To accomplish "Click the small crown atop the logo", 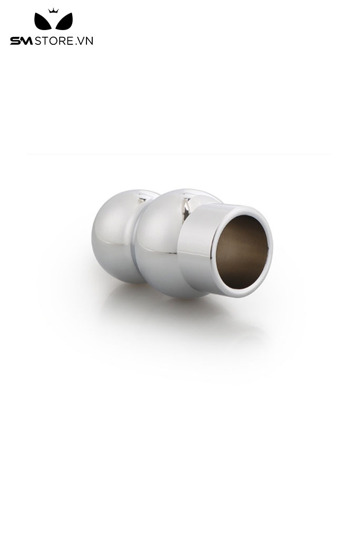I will click(53, 11).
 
